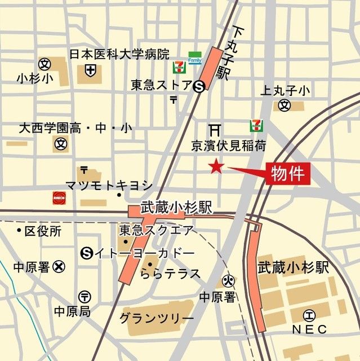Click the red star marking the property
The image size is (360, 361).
click(x=216, y=166)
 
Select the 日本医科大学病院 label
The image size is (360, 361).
click(x=119, y=55)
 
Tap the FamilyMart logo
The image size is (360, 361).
click(x=195, y=58)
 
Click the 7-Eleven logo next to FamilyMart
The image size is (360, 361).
click(x=179, y=68)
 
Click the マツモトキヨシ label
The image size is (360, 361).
click(x=109, y=184)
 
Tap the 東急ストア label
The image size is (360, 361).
click(x=161, y=86)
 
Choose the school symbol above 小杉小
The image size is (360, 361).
click(x=44, y=64)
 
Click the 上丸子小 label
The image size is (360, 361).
click(x=285, y=90)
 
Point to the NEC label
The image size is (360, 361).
click(x=308, y=328)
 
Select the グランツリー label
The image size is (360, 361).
click(x=156, y=318)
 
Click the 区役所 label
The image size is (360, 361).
click(x=42, y=231)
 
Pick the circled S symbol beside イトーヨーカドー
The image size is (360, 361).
click(x=87, y=253)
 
